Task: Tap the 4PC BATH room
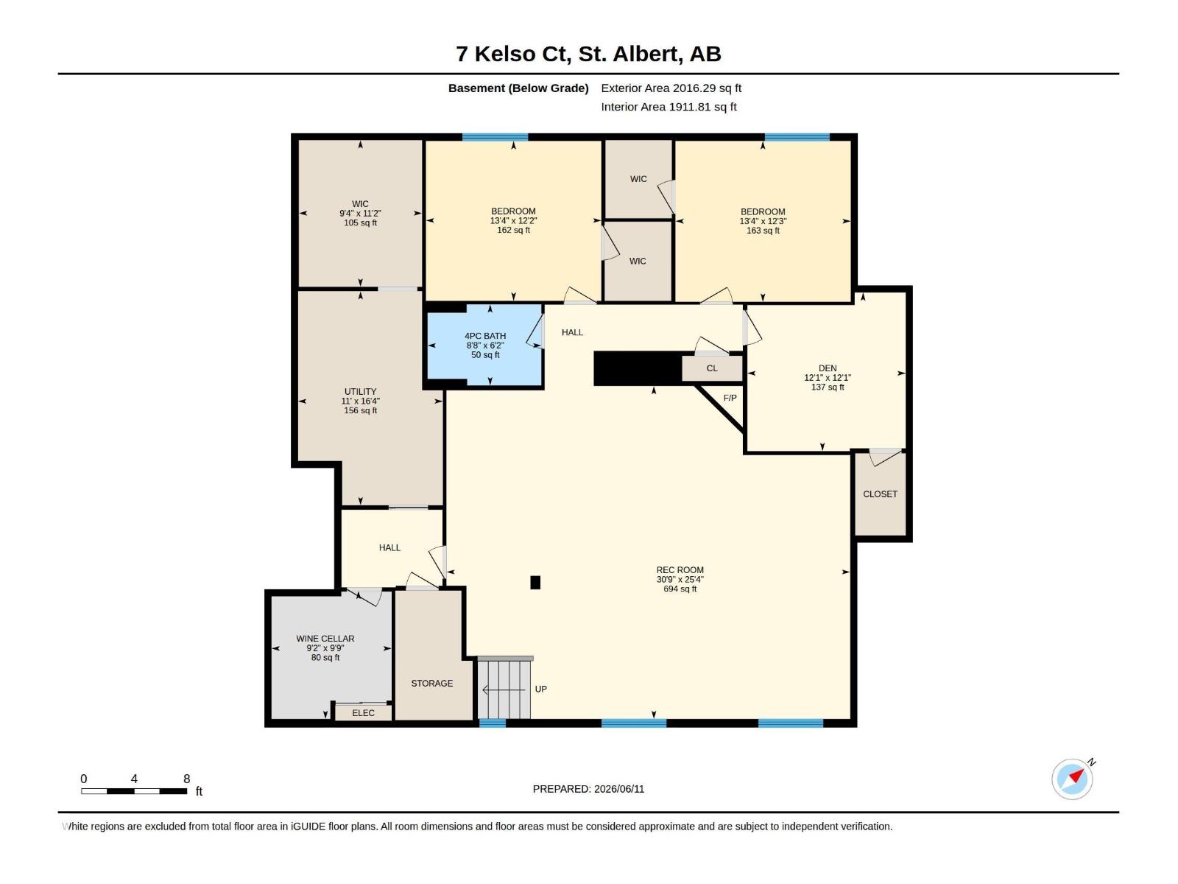[x=485, y=345]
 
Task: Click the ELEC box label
[x=363, y=713]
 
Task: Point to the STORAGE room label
[x=432, y=684]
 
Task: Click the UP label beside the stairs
[x=540, y=690]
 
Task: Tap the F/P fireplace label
[x=730, y=398]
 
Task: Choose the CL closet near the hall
[x=712, y=368]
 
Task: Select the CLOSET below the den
[x=880, y=494]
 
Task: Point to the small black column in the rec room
[x=535, y=583]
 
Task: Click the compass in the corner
[x=1072, y=779]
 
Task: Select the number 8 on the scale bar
[x=187, y=779]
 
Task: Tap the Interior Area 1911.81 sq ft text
[x=669, y=107]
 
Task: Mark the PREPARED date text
[x=588, y=789]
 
